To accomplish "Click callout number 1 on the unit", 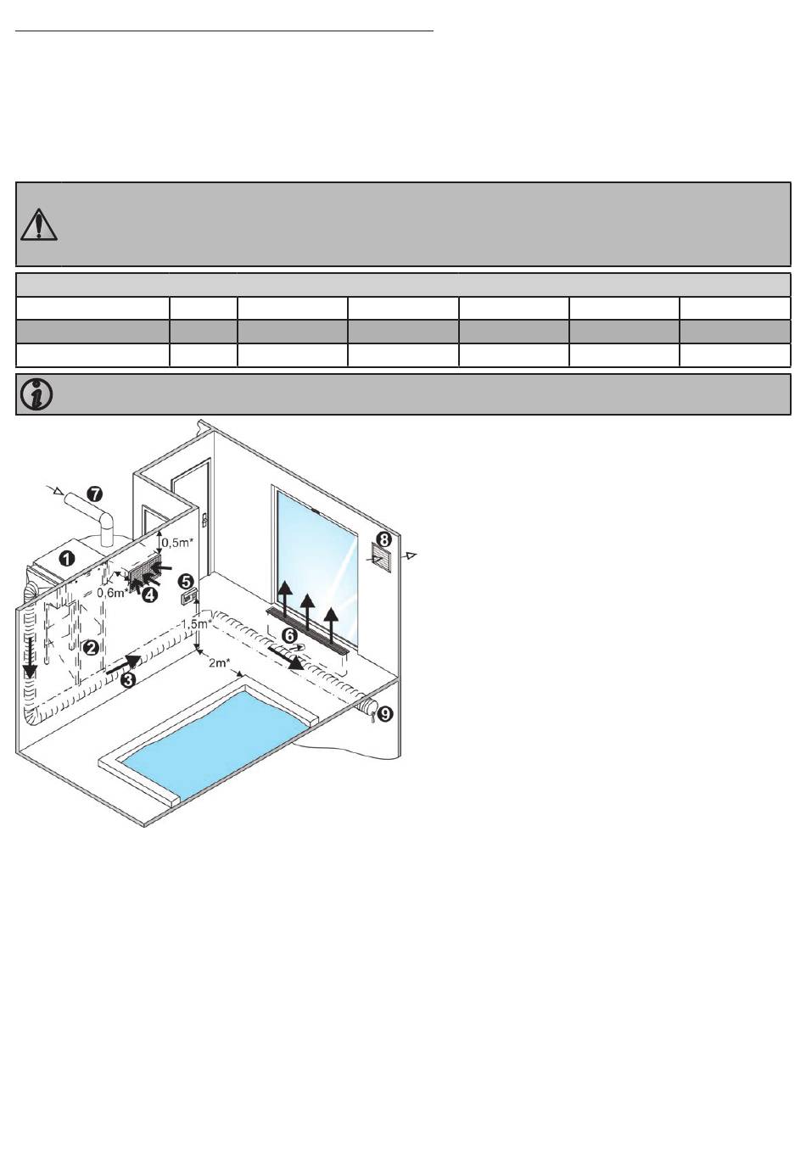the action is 67,559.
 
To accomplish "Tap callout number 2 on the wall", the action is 92,647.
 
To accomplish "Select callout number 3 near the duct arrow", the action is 128,679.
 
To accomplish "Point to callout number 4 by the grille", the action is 150,595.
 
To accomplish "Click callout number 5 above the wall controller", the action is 188,582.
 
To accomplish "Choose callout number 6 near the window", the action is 290,635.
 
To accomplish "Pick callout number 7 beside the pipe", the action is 94,494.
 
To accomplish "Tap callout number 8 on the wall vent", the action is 383,540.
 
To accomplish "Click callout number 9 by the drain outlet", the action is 385,714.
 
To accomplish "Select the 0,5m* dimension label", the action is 178,543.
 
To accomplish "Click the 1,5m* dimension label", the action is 197,624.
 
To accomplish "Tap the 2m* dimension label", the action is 220,663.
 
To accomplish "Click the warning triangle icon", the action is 38,225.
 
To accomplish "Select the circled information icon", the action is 36,394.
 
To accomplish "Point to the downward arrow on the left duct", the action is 30,657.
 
